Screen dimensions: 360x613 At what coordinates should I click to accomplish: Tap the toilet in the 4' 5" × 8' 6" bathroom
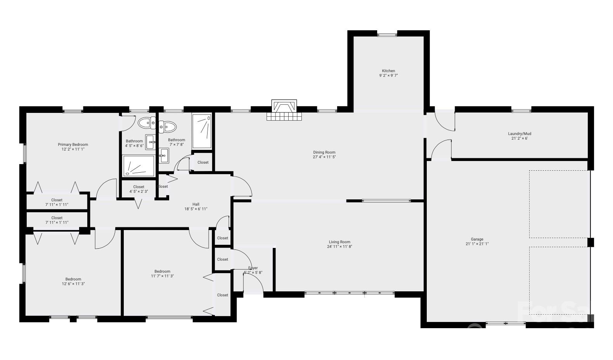click(147, 123)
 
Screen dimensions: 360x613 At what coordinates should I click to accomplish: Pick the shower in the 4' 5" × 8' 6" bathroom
click(139, 166)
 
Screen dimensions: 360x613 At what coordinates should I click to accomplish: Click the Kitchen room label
click(388, 71)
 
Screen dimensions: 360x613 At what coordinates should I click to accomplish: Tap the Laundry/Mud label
click(519, 133)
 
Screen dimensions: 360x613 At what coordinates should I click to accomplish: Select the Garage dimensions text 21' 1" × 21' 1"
click(477, 244)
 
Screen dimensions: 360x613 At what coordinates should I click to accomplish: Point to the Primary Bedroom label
click(73, 144)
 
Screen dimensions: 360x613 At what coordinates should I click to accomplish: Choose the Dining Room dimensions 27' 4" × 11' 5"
click(324, 157)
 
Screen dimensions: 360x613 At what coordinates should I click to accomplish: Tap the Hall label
click(196, 204)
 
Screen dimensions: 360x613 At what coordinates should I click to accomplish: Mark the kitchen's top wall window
click(387, 35)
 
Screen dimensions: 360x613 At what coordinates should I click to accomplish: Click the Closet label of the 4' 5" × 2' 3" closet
click(139, 187)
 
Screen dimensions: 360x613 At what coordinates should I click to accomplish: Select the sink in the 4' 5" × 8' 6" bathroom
click(150, 142)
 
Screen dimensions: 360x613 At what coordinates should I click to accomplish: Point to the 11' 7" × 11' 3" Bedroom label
click(162, 271)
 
